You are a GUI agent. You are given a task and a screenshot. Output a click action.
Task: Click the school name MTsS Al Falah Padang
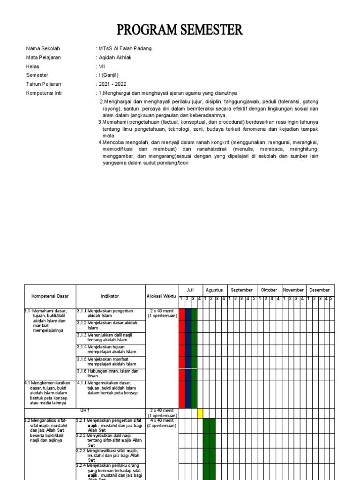125,49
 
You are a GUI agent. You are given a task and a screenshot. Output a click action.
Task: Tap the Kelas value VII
102,67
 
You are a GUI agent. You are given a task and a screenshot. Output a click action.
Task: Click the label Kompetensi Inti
44,93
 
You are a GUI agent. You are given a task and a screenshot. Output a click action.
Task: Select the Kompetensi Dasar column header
50,296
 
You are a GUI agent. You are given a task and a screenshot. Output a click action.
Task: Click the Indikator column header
110,296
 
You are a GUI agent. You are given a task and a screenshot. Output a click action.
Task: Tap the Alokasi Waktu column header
162,296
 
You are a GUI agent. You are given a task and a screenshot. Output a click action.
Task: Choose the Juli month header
190,290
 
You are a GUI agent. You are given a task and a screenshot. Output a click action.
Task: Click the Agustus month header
215,290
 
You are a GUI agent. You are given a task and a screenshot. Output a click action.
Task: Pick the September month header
242,290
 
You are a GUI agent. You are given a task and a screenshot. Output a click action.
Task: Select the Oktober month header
269,290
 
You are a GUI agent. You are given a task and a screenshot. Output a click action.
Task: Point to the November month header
293,290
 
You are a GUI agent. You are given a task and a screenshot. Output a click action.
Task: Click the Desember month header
319,290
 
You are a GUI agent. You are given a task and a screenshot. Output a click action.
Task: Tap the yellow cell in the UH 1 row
200,413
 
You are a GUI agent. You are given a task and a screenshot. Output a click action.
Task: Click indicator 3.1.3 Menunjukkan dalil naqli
111,337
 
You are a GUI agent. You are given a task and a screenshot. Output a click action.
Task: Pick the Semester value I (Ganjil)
108,75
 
